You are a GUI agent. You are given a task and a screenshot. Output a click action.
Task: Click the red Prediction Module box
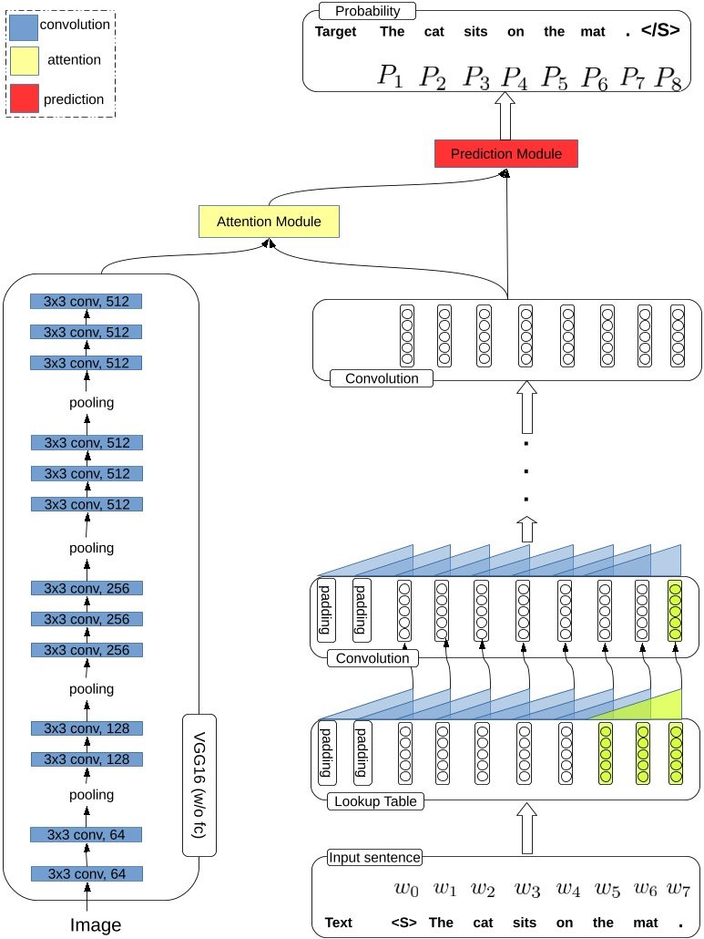coord(506,154)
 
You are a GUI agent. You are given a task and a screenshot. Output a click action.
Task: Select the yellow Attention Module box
coord(269,222)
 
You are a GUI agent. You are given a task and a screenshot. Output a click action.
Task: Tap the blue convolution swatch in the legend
coord(24,26)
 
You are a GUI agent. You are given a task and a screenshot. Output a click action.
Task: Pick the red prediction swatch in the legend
coord(24,98)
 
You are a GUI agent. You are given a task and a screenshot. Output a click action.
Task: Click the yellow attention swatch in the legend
coord(24,62)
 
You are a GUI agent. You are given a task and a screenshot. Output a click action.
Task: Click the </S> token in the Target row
coord(660,31)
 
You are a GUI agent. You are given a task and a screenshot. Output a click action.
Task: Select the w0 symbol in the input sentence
coord(406,888)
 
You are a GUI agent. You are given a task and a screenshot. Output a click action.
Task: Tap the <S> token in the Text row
coord(403,923)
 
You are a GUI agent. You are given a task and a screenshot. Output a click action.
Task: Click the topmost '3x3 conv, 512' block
coord(87,302)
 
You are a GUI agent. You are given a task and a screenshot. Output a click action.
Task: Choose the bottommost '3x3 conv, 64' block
coord(87,873)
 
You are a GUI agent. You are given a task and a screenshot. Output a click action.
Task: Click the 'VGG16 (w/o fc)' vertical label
coord(199,785)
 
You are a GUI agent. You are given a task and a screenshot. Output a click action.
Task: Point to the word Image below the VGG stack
coord(96,925)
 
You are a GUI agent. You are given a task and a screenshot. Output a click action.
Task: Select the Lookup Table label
coord(375,801)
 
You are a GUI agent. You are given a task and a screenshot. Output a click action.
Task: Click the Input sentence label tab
coord(374,857)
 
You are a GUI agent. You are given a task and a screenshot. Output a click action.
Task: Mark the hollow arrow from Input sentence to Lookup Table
coord(525,829)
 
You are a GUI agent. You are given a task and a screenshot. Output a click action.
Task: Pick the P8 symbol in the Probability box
coord(669,77)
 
